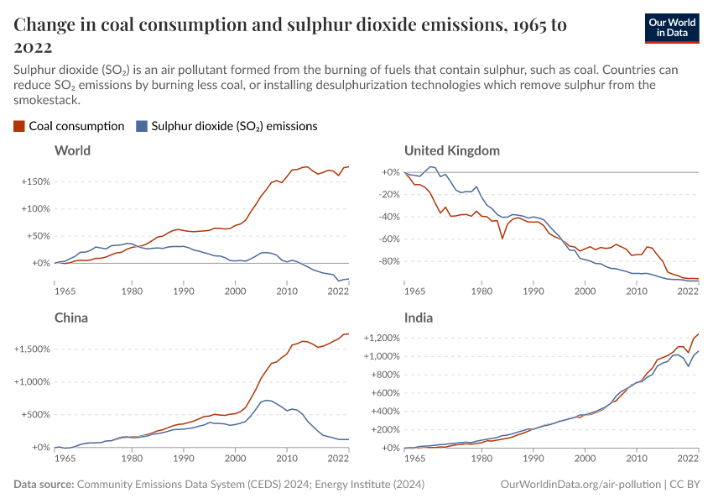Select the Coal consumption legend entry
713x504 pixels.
(69, 126)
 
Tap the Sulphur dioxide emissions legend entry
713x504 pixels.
(226, 126)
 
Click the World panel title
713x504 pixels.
(72, 151)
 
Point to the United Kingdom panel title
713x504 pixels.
(451, 151)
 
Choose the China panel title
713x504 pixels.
(70, 318)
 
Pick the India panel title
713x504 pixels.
(419, 318)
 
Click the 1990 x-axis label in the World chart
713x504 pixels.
(183, 291)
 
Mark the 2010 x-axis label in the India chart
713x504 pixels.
(637, 459)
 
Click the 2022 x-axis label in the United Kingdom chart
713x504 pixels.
(688, 291)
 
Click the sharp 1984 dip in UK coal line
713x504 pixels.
(502, 239)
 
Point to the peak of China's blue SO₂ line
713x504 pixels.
(266, 400)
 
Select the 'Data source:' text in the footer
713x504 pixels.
(44, 485)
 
